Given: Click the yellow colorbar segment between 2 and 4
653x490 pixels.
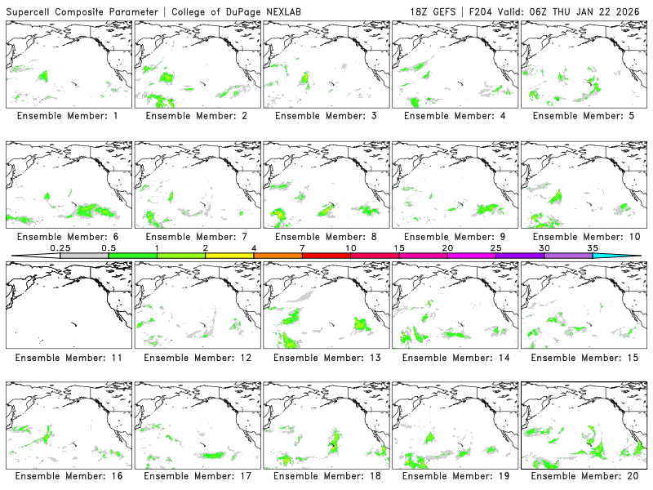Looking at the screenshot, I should point(229,256).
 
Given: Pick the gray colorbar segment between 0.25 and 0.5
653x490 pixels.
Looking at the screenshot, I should point(84,256).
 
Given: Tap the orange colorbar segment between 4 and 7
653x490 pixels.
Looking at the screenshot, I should point(278,256).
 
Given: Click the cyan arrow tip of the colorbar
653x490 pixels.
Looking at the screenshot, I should point(629,256).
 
